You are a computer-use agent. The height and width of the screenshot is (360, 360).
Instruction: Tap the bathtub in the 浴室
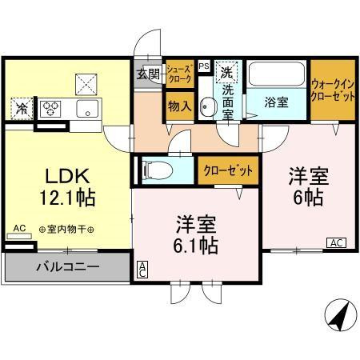[276, 78]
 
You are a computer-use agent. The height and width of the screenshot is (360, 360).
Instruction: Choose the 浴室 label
[277, 101]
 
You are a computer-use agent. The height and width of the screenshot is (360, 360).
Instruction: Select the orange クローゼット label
[228, 170]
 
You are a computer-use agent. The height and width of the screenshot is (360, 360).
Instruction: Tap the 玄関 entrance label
[148, 74]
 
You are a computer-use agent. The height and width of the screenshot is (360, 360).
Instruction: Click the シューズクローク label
[178, 74]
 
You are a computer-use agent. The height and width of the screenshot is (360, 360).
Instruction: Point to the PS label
[204, 66]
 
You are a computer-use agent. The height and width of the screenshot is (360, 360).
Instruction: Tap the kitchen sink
[86, 109]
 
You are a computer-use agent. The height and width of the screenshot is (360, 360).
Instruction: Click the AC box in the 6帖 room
[335, 242]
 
